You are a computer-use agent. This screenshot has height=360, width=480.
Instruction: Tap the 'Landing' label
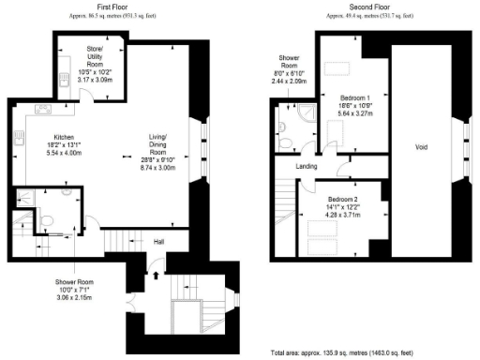point(306,167)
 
